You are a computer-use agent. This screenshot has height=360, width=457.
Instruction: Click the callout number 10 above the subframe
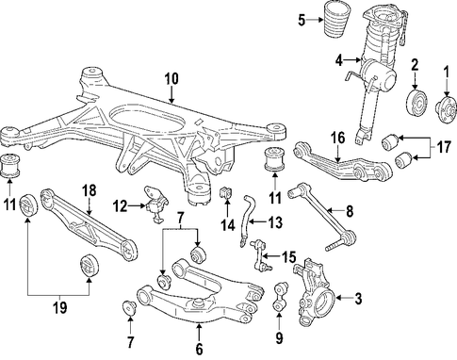[x=171, y=78]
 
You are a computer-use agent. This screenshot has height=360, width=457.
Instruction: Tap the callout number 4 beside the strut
[x=338, y=60]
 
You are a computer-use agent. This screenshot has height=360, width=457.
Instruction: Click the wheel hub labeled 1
[x=447, y=110]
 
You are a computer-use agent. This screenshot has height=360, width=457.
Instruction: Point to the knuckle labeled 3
[x=314, y=291]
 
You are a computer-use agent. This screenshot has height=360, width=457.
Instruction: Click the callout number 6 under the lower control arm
[x=199, y=349]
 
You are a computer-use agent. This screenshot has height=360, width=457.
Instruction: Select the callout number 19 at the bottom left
[x=60, y=307]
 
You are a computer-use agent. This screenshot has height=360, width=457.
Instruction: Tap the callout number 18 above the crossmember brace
[x=90, y=191]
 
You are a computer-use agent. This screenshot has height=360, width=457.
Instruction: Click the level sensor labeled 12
[x=156, y=205]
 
